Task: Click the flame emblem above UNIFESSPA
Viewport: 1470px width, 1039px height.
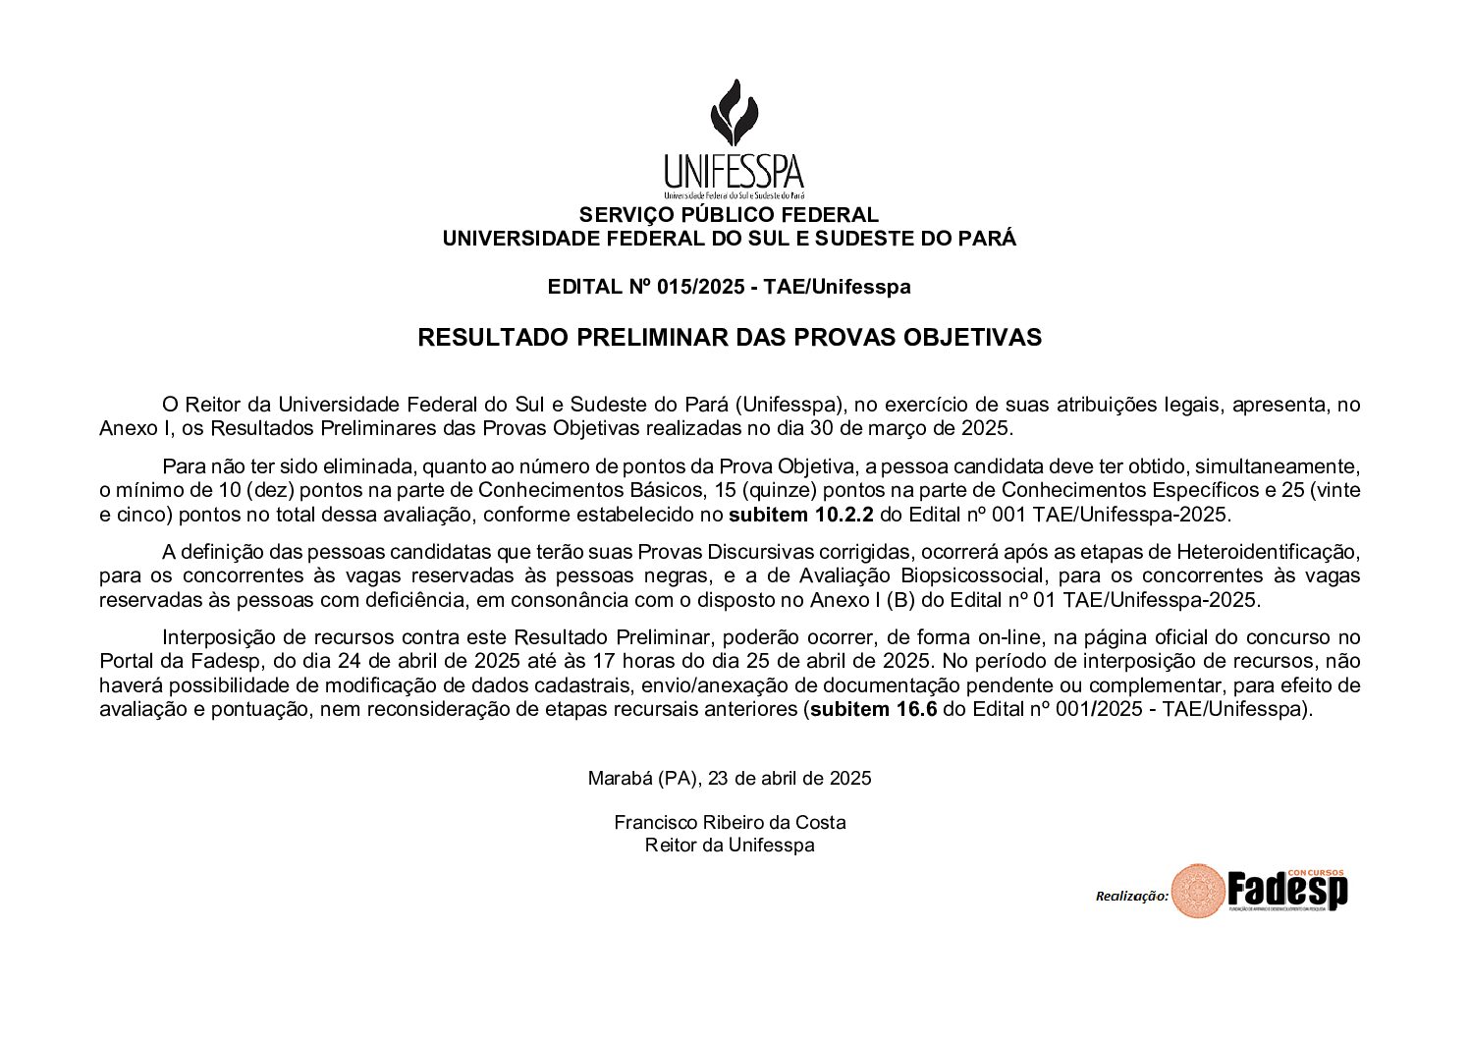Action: tap(734, 112)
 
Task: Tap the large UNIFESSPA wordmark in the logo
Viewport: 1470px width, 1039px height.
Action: tap(734, 172)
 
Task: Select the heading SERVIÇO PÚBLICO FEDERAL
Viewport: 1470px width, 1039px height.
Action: tap(729, 215)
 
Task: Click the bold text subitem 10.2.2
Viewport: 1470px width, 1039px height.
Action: tap(800, 515)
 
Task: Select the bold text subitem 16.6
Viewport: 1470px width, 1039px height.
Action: tap(873, 709)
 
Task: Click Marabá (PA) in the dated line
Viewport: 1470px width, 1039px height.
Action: tap(643, 779)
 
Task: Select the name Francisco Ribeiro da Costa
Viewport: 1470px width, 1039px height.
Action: tap(730, 823)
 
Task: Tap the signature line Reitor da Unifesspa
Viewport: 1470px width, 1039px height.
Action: tap(730, 846)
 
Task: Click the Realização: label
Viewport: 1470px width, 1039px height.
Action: tap(1131, 896)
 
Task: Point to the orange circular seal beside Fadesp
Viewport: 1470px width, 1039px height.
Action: tap(1197, 891)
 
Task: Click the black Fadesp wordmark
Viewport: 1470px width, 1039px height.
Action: tap(1286, 892)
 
